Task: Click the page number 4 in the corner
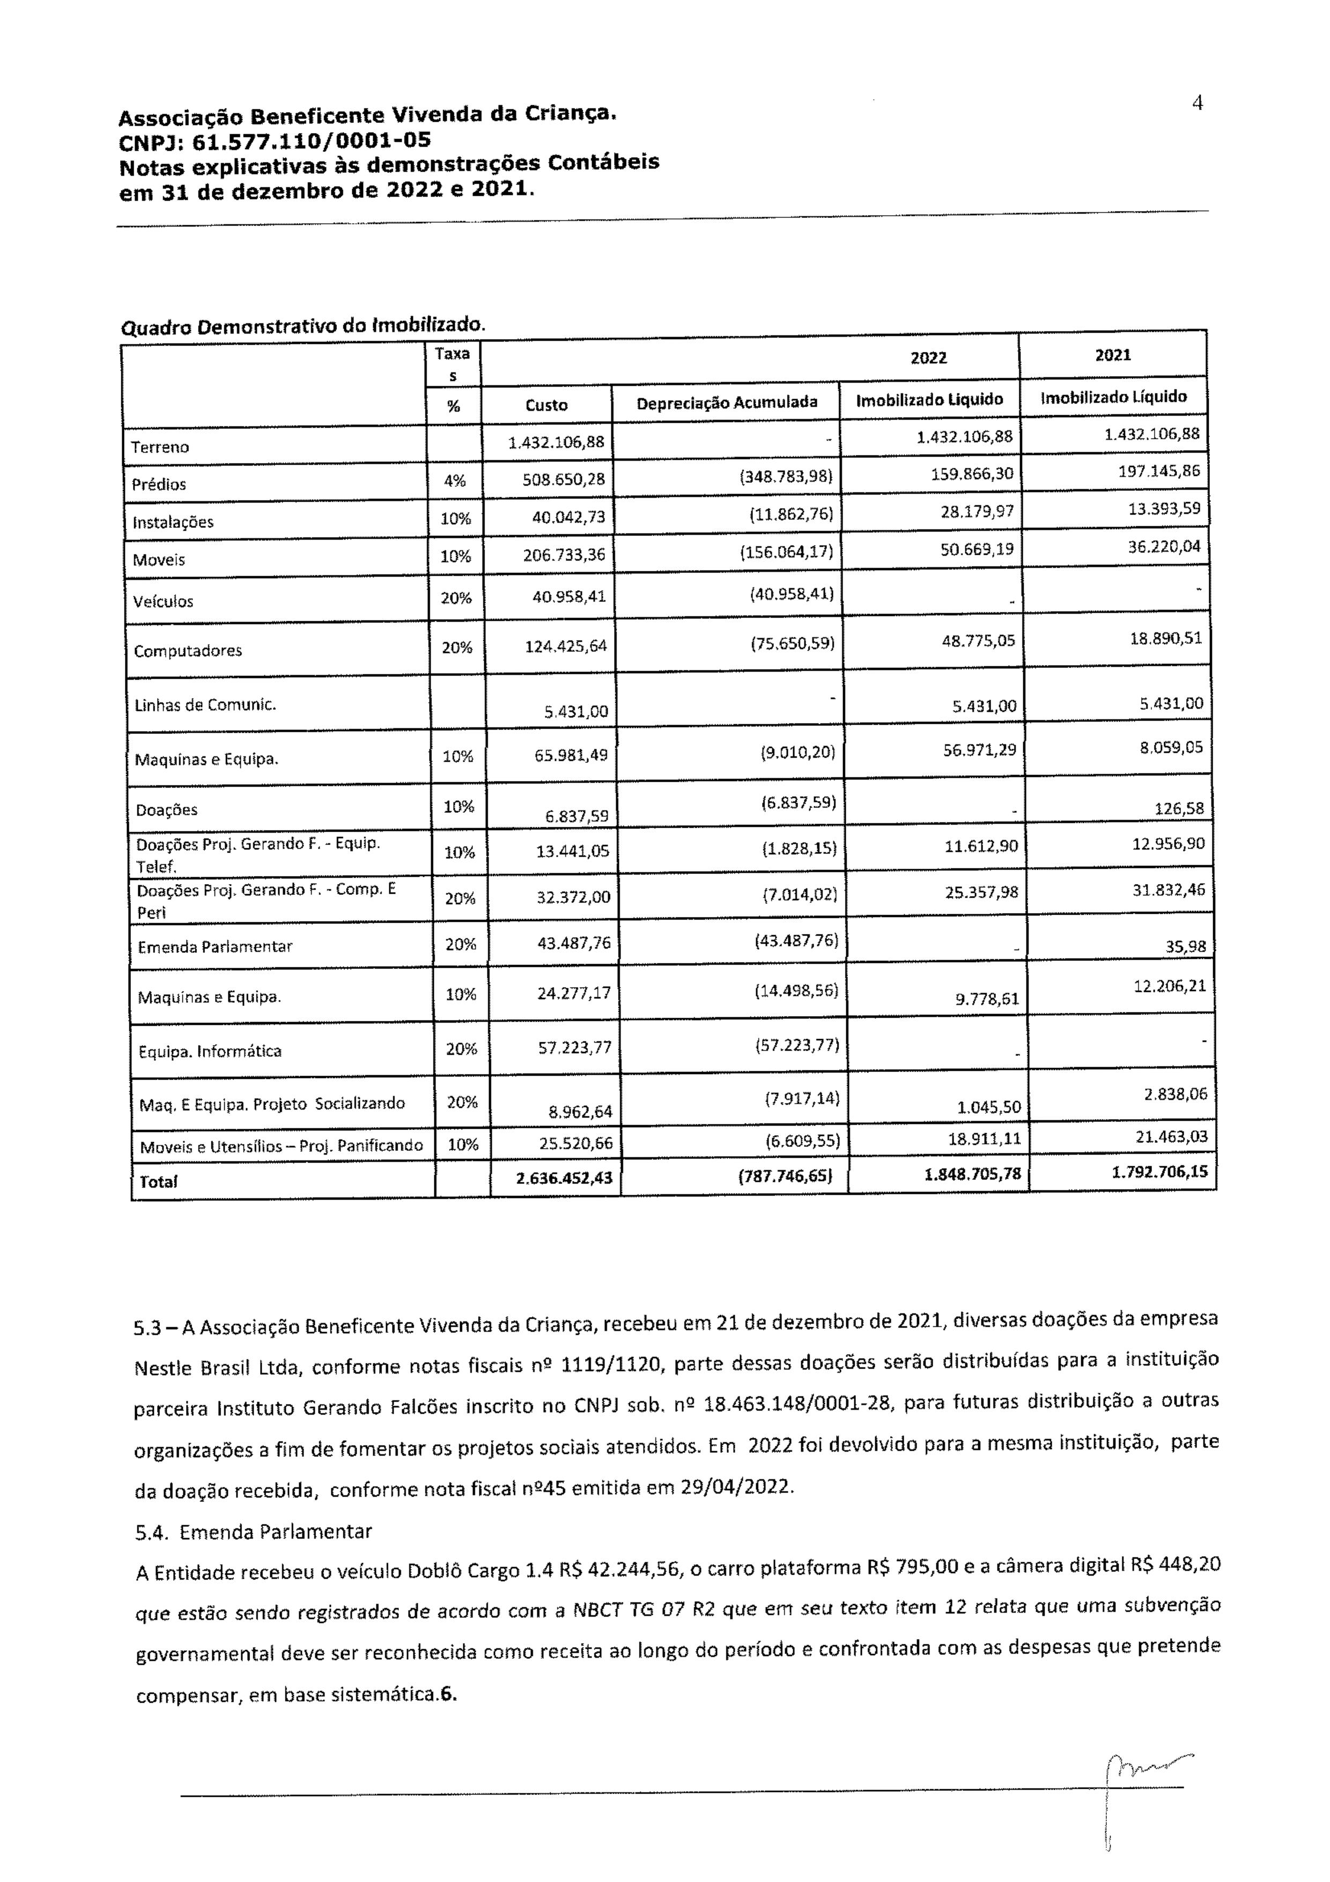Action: coord(1197,104)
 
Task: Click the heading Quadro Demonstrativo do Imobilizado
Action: coord(303,326)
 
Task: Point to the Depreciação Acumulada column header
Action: coord(726,402)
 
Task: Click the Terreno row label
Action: coord(160,447)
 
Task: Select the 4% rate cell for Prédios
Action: coord(454,481)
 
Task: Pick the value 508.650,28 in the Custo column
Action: coord(563,480)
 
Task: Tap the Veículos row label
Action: coord(165,601)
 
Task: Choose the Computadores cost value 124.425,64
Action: coord(565,646)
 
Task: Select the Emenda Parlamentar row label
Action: coord(215,947)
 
